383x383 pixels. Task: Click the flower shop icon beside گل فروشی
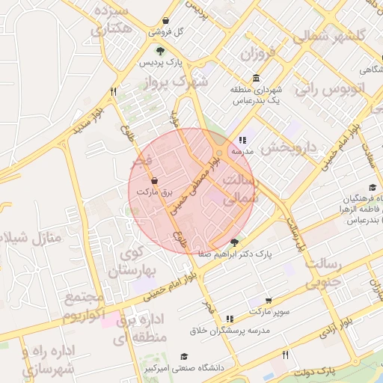tap(165, 22)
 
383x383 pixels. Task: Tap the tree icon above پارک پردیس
tap(160, 51)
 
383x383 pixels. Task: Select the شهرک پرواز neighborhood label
tap(179, 82)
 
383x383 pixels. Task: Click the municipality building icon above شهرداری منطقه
tap(257, 79)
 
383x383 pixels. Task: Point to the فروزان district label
tap(258, 54)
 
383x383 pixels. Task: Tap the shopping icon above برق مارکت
tap(154, 181)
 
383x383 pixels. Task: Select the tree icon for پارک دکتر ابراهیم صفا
tap(235, 242)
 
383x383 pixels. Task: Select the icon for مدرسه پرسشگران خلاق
tap(229, 319)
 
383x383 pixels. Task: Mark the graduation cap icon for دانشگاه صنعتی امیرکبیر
tap(184, 357)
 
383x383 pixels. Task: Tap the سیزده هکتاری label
tap(111, 20)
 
